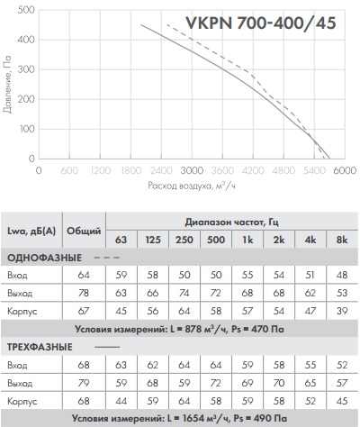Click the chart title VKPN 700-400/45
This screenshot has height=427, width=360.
(261, 23)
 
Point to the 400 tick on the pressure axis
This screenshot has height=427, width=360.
(26, 40)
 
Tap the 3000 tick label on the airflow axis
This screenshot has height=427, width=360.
(192, 170)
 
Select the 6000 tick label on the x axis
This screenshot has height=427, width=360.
(345, 170)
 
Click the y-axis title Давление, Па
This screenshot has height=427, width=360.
(7, 84)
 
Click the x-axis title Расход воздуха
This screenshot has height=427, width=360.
(179, 186)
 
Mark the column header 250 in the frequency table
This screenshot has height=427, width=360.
(184, 240)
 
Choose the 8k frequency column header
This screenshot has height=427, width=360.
(342, 240)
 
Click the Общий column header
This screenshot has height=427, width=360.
(84, 231)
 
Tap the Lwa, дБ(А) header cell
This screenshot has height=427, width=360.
(31, 231)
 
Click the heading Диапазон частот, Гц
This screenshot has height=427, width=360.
(231, 223)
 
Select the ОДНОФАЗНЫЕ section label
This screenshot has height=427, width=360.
(44, 258)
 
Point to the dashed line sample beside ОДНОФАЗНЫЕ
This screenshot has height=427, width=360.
(107, 258)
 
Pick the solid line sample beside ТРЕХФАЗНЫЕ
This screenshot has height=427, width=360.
(107, 347)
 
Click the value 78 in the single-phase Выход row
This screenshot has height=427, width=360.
(84, 293)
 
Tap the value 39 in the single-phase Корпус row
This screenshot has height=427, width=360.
(342, 311)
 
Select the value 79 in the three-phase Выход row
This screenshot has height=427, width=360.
(84, 383)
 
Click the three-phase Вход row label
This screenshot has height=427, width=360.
(17, 365)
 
